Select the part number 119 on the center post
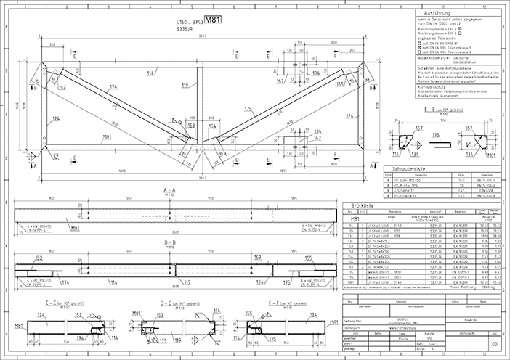(x=185, y=86)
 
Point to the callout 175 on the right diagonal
(x=248, y=110)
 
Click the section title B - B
(x=169, y=242)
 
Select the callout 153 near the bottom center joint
(x=192, y=126)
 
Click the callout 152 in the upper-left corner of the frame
(x=61, y=87)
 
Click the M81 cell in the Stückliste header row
(x=356, y=218)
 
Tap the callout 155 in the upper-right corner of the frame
(x=339, y=83)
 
